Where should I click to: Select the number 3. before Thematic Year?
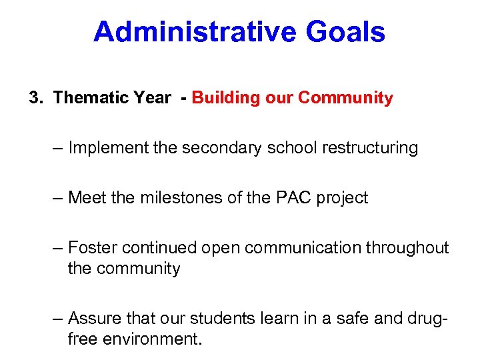click(x=36, y=98)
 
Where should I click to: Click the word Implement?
click(x=109, y=147)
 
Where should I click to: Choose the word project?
click(x=343, y=198)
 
